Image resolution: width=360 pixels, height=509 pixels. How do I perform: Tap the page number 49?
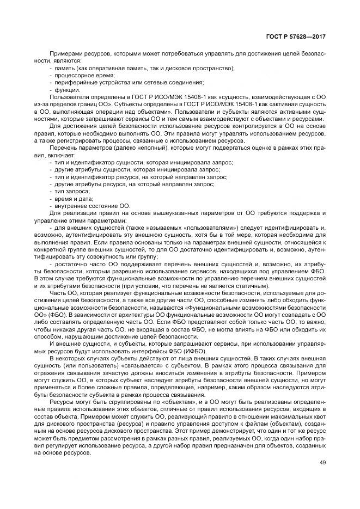pyautogui.click(x=322, y=463)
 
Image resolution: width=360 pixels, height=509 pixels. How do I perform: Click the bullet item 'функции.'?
pyautogui.click(x=66, y=89)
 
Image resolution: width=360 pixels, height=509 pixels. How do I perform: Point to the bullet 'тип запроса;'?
pyautogui.click(x=71, y=192)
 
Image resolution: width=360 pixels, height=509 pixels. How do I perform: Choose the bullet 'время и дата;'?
pyautogui.click(x=73, y=199)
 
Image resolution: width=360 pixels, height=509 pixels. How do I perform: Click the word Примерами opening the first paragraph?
pyautogui.click(x=64, y=54)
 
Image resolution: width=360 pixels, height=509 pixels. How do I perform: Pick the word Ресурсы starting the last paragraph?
pyautogui.click(x=62, y=401)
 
